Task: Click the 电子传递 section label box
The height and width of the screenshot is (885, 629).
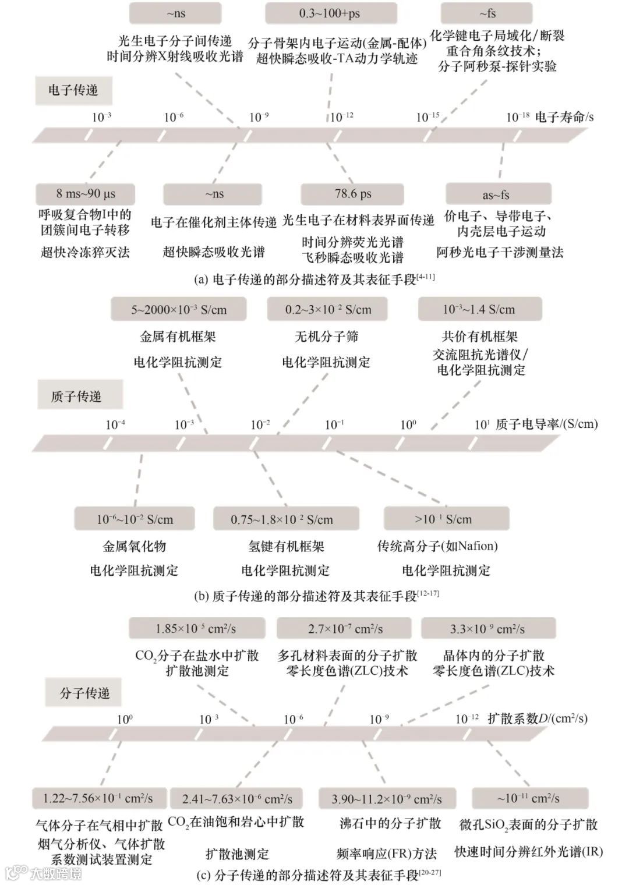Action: [73, 90]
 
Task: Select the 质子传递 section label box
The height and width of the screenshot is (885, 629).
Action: [79, 396]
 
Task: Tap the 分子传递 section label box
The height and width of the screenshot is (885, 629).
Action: [84, 693]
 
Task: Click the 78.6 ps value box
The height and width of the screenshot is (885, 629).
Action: [352, 194]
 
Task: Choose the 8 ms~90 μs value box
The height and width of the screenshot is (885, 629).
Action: [86, 194]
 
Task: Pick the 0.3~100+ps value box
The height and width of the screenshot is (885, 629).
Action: [330, 13]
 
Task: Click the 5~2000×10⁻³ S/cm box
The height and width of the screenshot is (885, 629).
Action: [178, 309]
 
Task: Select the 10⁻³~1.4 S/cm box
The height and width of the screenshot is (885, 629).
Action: [479, 309]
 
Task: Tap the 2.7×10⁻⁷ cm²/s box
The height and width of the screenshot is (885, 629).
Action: [345, 629]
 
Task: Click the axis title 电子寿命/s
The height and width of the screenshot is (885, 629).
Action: [564, 117]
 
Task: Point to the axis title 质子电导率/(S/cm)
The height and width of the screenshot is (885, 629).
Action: [546, 424]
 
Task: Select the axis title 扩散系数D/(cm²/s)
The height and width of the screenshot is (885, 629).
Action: [537, 718]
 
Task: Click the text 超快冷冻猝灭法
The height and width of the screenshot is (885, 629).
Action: [85, 252]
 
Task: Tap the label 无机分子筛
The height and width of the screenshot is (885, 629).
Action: [326, 337]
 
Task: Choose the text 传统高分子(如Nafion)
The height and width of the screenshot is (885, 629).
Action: [437, 546]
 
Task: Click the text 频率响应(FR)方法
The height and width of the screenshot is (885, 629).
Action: [387, 854]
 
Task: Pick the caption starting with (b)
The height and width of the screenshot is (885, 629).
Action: [316, 596]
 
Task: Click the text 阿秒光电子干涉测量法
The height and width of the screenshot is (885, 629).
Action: [500, 252]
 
